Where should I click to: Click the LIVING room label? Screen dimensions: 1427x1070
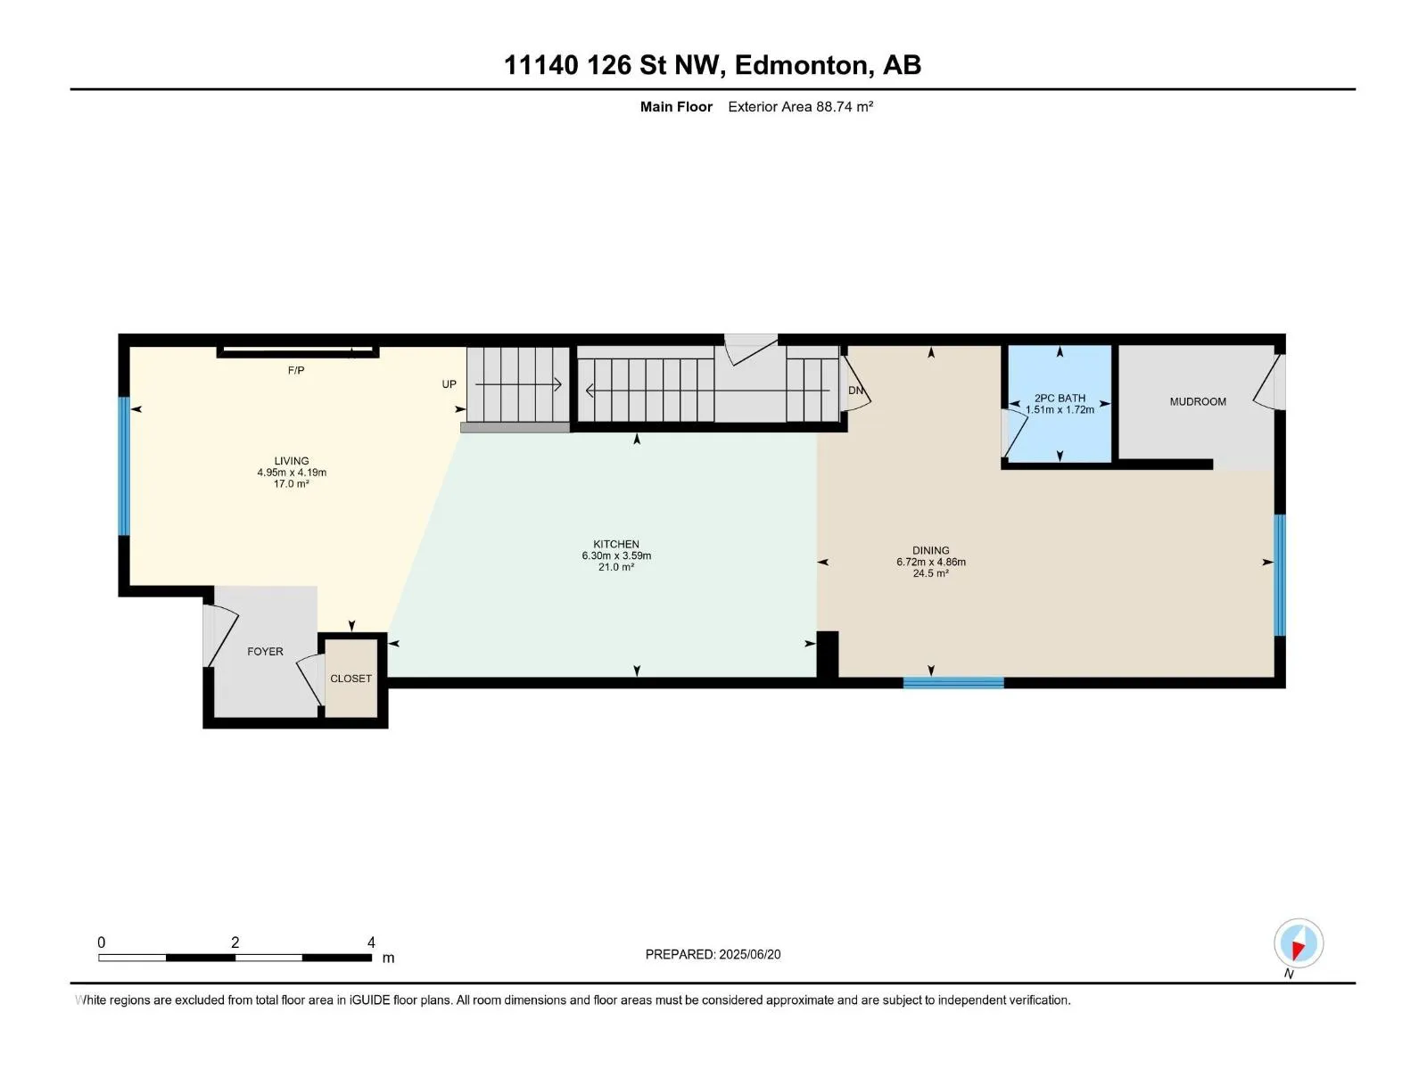coord(292,461)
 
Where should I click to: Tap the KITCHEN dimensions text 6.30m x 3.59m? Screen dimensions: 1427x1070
coord(616,556)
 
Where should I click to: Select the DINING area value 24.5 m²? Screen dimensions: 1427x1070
coord(930,573)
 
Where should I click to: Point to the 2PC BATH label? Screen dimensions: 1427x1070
coord(1060,399)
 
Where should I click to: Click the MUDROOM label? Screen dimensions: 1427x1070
coord(1198,401)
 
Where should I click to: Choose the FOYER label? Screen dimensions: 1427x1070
coord(265,651)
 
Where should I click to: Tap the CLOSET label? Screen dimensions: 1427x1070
coord(351,679)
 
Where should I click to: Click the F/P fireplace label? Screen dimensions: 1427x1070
coord(296,370)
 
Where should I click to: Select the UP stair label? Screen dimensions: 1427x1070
coord(449,384)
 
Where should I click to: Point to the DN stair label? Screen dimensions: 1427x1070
coord(855,391)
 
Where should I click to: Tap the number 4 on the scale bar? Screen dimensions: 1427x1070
coord(371,942)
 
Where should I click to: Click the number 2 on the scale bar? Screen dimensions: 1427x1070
coord(235,942)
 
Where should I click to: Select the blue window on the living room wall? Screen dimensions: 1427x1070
coord(123,466)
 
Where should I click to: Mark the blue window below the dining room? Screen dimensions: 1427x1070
coord(953,683)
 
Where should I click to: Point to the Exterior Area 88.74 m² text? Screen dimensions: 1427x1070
coord(800,106)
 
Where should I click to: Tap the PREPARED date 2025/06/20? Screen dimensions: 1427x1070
coord(749,954)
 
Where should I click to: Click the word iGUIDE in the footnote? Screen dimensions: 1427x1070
coord(369,1000)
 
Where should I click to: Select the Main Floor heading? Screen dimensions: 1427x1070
coord(676,106)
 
